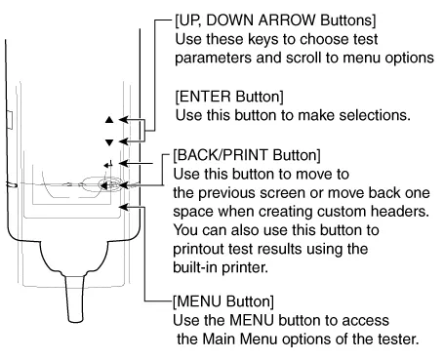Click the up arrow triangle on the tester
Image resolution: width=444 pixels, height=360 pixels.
109,120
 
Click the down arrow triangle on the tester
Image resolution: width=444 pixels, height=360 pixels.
109,142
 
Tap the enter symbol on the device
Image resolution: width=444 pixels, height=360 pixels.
108,164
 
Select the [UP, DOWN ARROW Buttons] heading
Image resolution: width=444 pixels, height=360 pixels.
275,20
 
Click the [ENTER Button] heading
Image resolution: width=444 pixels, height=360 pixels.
229,97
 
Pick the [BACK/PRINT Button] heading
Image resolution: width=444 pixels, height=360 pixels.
247,155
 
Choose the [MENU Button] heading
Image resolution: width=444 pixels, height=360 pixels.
223,301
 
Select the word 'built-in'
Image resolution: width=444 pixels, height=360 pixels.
194,267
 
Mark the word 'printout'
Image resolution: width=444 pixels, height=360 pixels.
199,250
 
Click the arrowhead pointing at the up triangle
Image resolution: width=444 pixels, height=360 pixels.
123,120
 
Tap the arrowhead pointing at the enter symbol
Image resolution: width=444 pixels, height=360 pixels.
124,163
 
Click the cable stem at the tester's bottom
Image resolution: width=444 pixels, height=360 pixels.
75,299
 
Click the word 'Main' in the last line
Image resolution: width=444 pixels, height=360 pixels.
219,340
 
